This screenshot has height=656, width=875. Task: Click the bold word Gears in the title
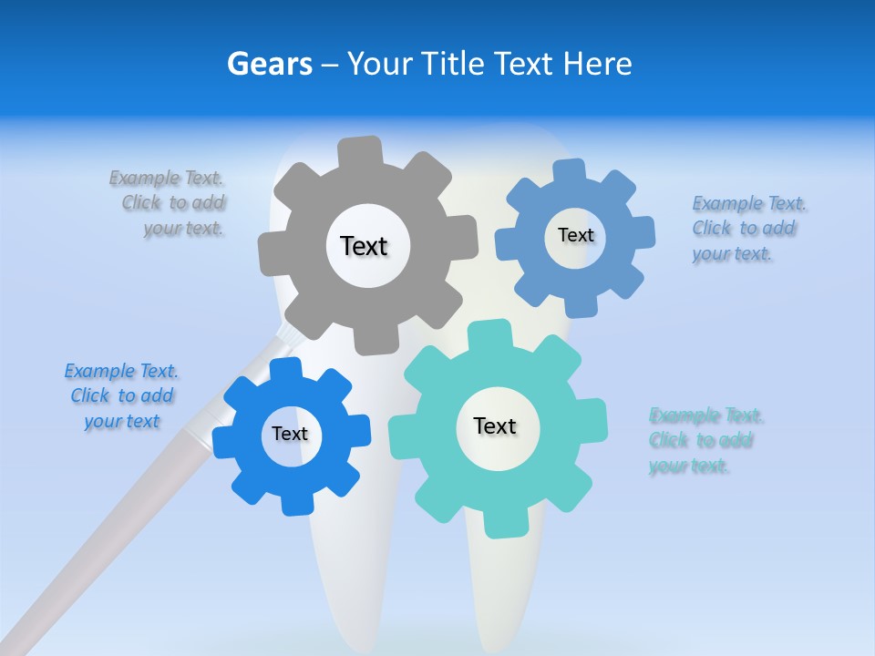coord(269,64)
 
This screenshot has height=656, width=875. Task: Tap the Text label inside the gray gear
coord(364,246)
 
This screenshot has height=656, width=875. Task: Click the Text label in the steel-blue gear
coord(575,235)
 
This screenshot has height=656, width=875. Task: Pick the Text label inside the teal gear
coord(495,425)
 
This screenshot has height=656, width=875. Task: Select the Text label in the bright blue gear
coord(290,434)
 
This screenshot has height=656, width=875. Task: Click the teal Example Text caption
coord(704,441)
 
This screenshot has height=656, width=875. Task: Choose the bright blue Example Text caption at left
coord(121,395)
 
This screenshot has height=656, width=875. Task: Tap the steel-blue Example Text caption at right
coord(747,228)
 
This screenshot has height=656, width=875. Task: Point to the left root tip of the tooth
coord(360,629)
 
